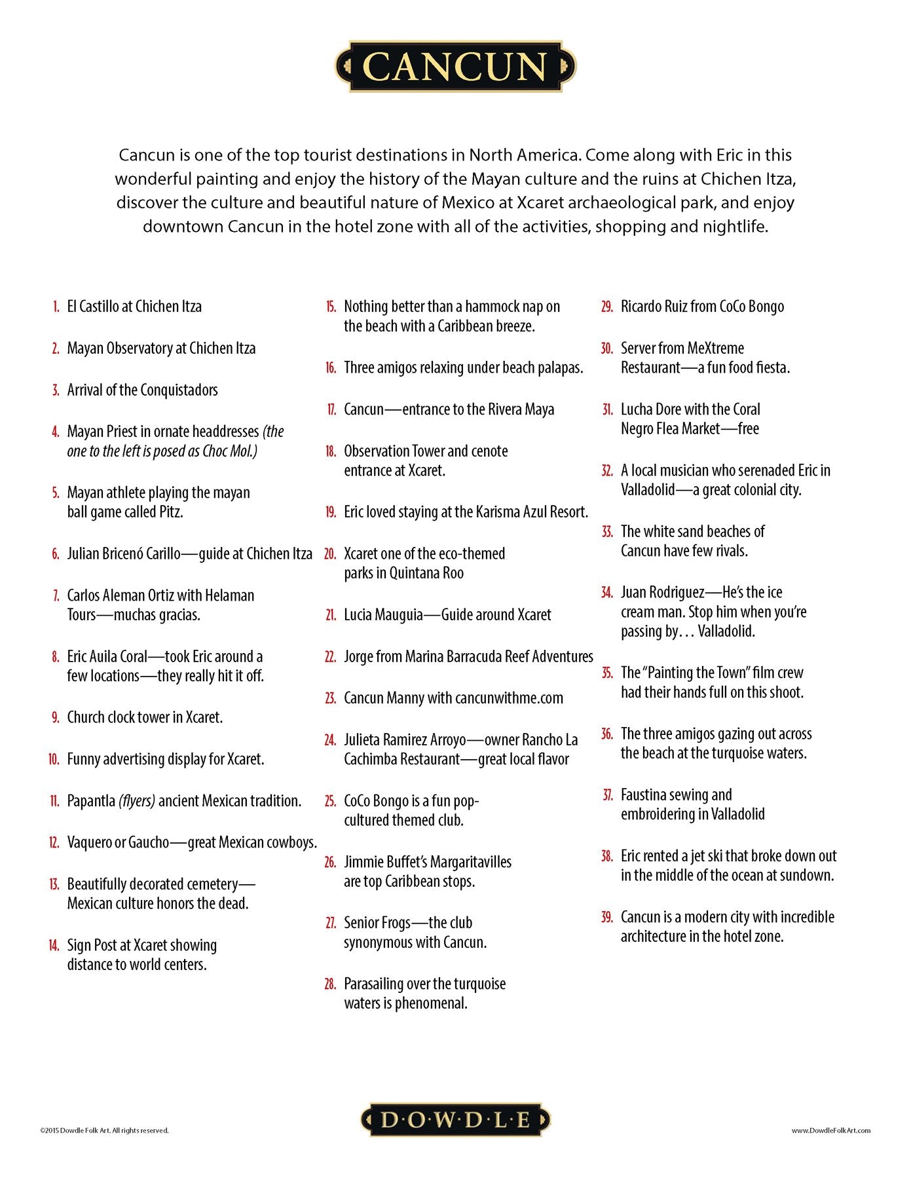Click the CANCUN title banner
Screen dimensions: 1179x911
click(x=455, y=67)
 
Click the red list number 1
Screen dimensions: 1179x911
click(x=56, y=307)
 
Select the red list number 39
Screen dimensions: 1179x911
click(x=607, y=917)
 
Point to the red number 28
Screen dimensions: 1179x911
click(x=330, y=984)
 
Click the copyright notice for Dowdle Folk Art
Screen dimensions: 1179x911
click(x=104, y=1130)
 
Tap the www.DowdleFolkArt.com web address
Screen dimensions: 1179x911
click(x=830, y=1130)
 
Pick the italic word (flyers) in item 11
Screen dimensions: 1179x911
click(x=137, y=801)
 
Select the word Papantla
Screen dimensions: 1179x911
click(x=91, y=801)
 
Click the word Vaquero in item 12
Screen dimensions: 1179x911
click(x=89, y=843)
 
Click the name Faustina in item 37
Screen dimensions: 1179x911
click(x=644, y=795)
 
